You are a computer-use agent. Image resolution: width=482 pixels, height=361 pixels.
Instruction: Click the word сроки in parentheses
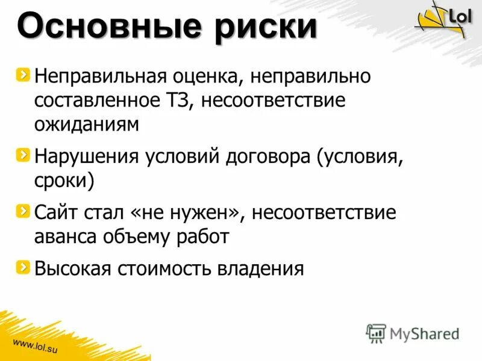point(64,180)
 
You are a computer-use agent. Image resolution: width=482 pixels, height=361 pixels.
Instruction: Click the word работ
point(202,236)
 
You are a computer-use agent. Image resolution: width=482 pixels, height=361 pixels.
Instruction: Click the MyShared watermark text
point(424,333)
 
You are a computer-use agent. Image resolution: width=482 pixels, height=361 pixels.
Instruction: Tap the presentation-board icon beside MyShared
point(376,333)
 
